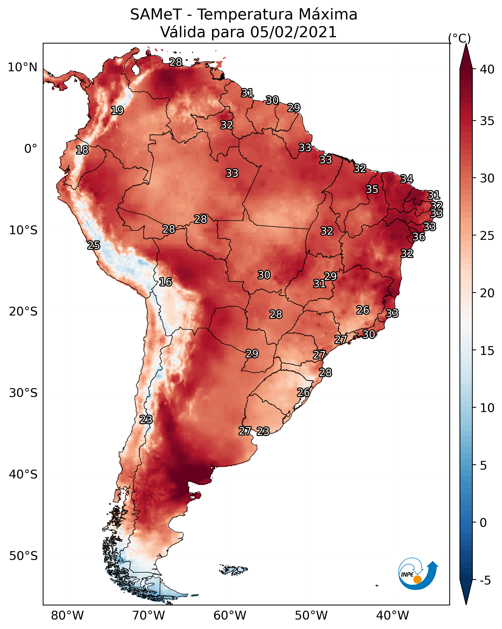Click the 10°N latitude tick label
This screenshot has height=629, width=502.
[x=22, y=67]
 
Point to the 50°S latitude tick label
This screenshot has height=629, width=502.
[x=23, y=556]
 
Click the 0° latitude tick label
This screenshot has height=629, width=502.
[x=31, y=149]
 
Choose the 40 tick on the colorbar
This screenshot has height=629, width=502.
[x=487, y=69]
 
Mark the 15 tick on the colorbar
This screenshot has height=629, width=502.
[x=487, y=351]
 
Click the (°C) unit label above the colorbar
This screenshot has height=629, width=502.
[x=459, y=38]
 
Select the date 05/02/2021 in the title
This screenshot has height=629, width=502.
[x=293, y=32]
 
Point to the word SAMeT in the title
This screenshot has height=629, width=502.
[x=156, y=15]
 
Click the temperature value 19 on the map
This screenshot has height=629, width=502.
[x=117, y=111]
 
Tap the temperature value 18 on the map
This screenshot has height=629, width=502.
[x=82, y=150]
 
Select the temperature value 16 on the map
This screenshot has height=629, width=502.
[x=165, y=282]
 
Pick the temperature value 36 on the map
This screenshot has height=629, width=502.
[x=419, y=237]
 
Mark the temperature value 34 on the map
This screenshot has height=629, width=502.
[x=407, y=179]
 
